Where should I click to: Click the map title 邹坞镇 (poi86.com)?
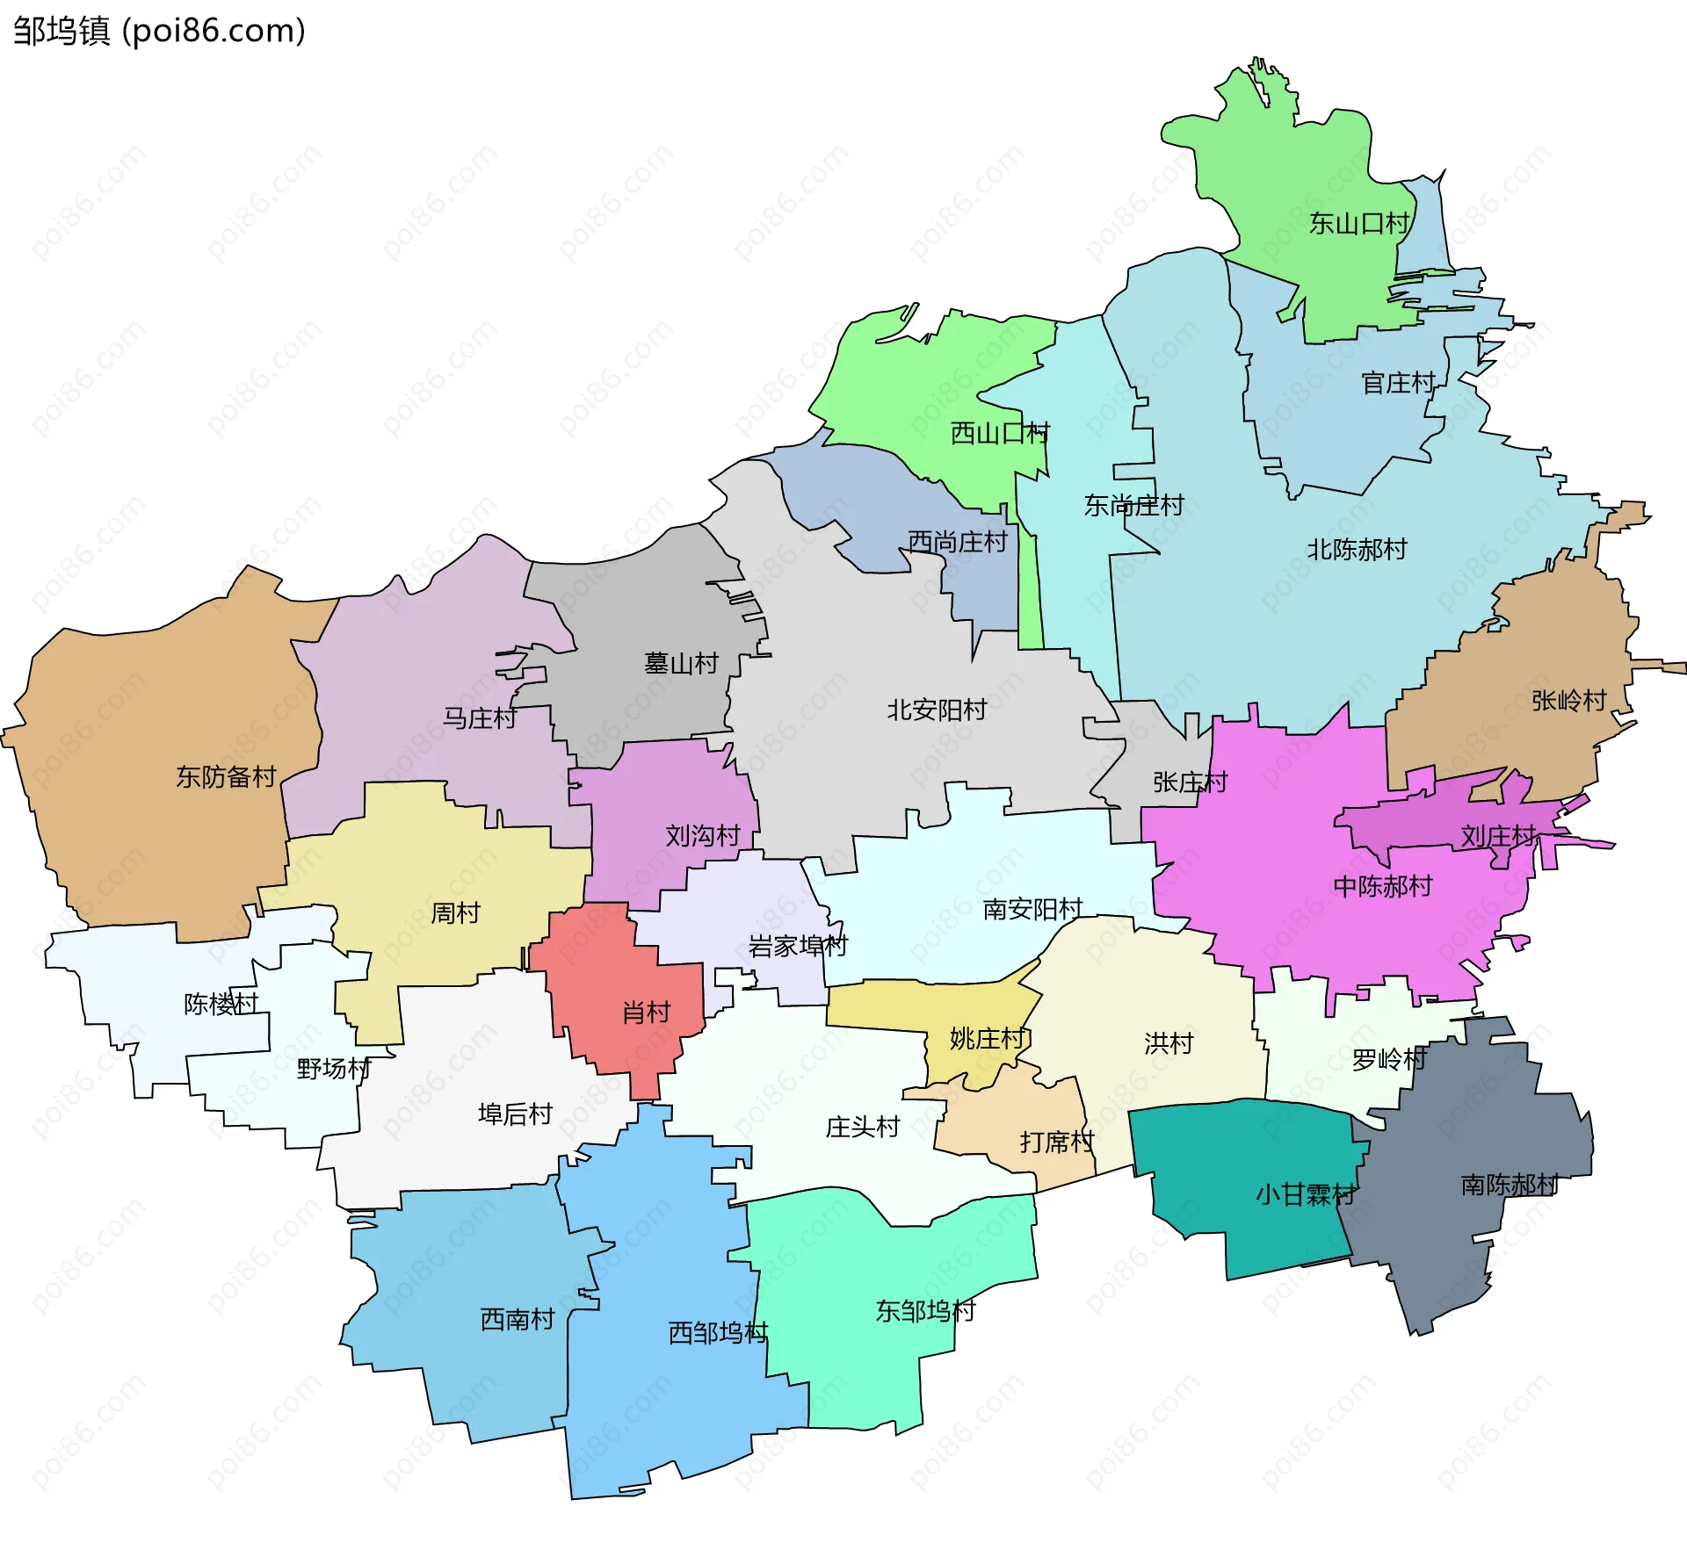(x=159, y=32)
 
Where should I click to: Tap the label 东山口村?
(x=1358, y=224)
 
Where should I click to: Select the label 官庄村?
(x=1398, y=383)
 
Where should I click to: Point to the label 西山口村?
(x=1000, y=433)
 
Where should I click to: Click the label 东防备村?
(x=226, y=776)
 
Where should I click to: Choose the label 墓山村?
(x=681, y=663)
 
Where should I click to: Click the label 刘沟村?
(x=702, y=835)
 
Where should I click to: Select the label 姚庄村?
(x=988, y=1039)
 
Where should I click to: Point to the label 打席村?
(x=1056, y=1142)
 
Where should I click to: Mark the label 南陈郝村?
(x=1510, y=1185)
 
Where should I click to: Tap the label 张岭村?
(x=1568, y=700)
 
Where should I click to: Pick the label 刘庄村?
(x=1498, y=835)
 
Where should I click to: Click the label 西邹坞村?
(x=718, y=1333)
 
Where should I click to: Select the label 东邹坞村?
(x=925, y=1311)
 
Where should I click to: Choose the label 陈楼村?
(x=221, y=1004)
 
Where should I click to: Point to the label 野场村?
(x=333, y=1069)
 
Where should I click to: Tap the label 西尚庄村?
(x=957, y=542)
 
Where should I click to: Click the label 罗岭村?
(x=1388, y=1060)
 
